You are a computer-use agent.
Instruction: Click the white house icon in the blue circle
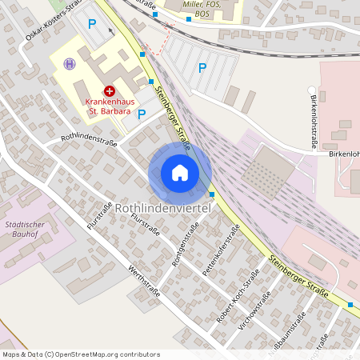180,173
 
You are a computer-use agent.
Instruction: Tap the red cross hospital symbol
109,92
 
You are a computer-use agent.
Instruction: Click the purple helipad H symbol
70,64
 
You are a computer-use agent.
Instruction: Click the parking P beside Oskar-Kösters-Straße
91,24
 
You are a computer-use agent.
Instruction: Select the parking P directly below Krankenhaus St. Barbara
142,114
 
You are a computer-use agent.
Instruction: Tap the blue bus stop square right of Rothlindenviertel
212,194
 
